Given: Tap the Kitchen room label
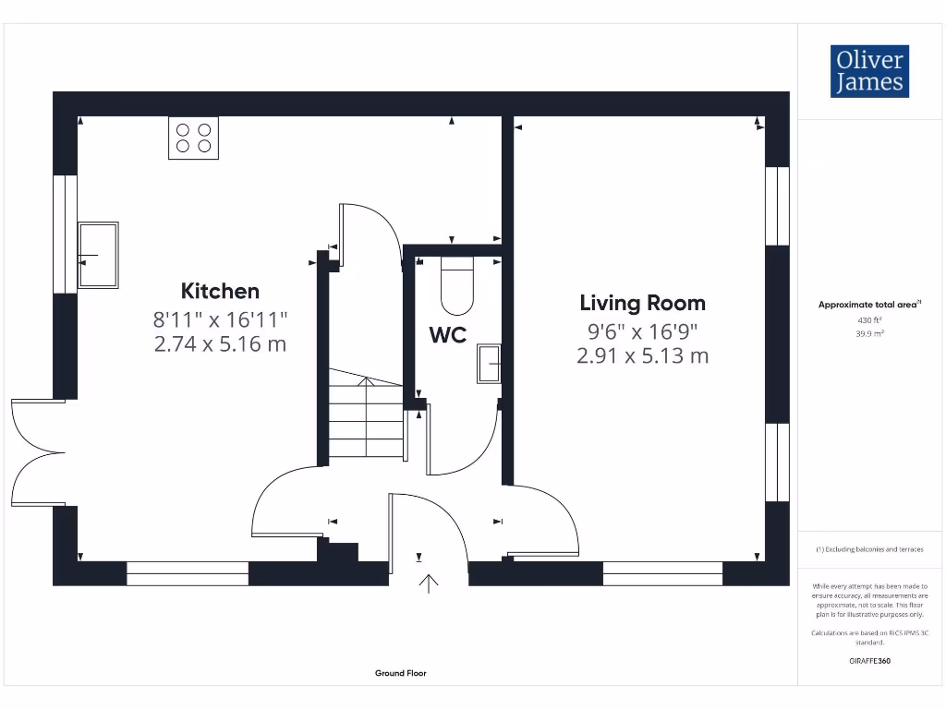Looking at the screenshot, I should coord(220,291).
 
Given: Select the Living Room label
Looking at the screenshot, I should coord(642,303).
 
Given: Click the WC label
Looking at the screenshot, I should coord(447,335).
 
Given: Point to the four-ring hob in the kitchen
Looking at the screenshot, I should coord(193,138).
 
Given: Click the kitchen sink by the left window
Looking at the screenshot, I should coord(98,255).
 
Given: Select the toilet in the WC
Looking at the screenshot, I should coord(456,286).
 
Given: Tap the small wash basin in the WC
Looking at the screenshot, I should coord(489,364).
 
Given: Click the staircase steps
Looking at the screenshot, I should coord(366,421).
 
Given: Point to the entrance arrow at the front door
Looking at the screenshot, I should coord(429,583).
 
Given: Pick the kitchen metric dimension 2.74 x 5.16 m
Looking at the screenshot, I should coord(220,344).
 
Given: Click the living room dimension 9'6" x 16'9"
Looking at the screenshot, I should coord(642,330).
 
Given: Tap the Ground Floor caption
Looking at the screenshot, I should coord(401,673).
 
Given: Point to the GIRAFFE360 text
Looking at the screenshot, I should coord(869,661).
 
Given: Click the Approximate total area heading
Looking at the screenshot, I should coord(869,305).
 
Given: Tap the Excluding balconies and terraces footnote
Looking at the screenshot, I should coord(869,549).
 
